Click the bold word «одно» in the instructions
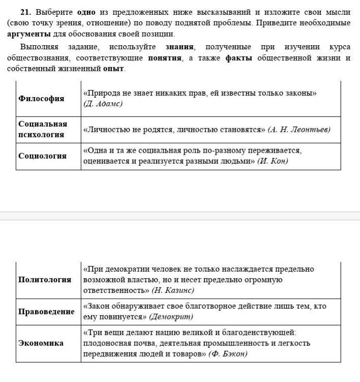86,12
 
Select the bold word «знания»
180,47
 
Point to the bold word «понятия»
165,58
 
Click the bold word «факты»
238,58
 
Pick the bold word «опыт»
113,69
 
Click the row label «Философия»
41,99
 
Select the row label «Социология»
43,156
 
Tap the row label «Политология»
45,280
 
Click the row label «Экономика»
41,343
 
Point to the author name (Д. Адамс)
103,104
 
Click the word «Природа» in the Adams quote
103,93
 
